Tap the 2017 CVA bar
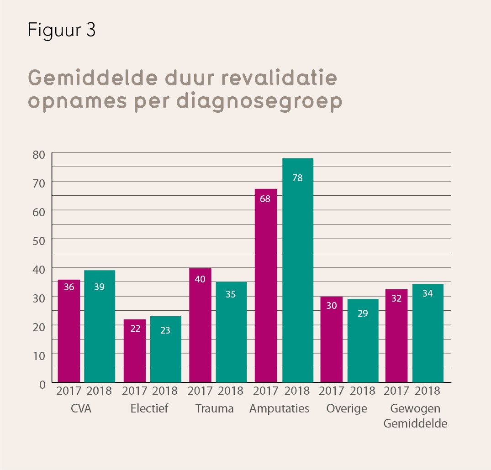point(69,331)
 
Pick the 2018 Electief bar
point(165,349)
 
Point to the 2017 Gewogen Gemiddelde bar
point(396,335)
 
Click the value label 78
point(297,178)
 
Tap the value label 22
point(135,329)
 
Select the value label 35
point(231,294)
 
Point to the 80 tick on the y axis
point(39,154)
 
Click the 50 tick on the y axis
point(39,240)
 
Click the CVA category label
point(81,408)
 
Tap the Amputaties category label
point(279,408)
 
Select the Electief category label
point(149,408)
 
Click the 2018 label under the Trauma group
point(231,391)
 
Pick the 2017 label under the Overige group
point(332,391)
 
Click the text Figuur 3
point(61,30)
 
